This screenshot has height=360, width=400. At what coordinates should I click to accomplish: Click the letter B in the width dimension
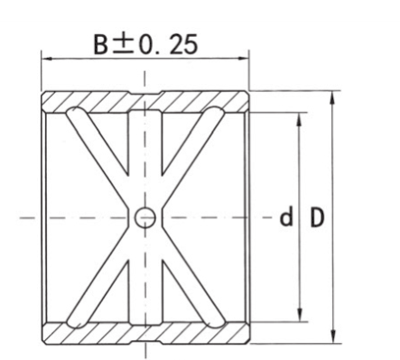click(x=100, y=45)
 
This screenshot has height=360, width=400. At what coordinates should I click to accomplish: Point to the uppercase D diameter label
click(x=317, y=217)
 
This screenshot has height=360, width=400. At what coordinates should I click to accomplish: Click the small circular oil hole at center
click(x=145, y=217)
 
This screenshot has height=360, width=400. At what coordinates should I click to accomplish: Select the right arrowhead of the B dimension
click(x=243, y=59)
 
